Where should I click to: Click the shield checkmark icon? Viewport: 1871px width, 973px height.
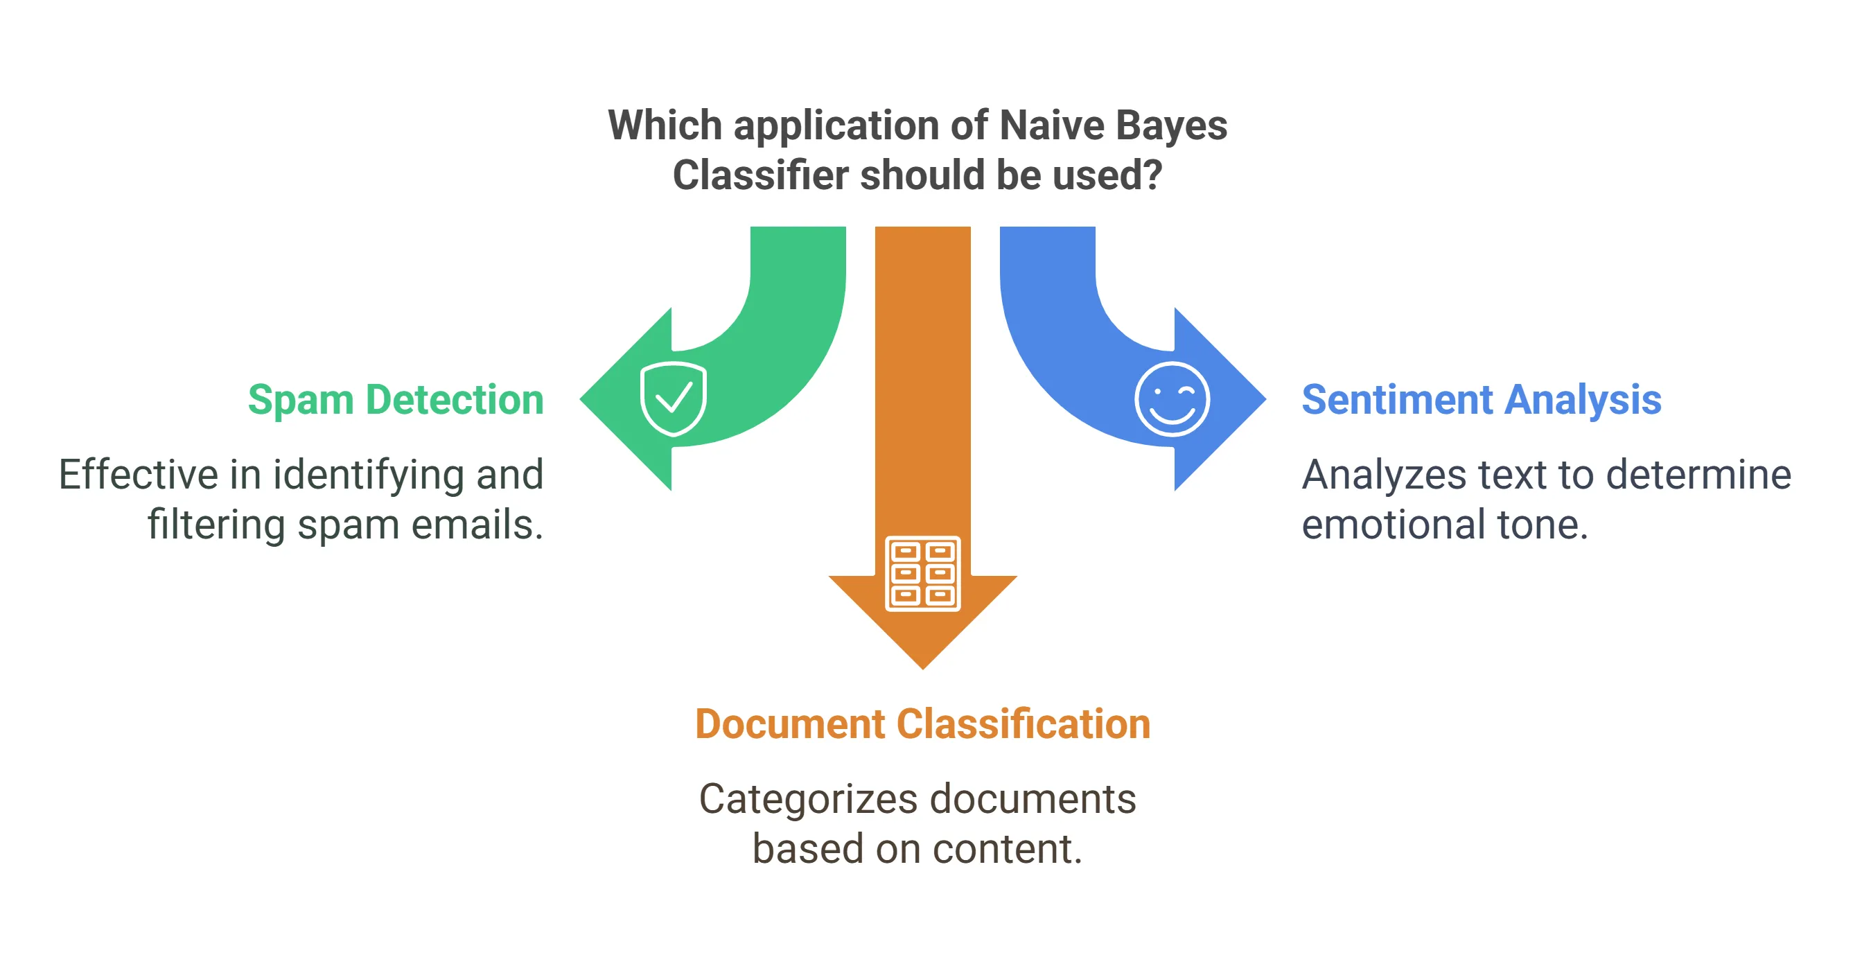tap(673, 398)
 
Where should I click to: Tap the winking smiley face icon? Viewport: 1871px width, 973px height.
tap(1172, 398)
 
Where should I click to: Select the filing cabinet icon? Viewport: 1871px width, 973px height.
tap(922, 573)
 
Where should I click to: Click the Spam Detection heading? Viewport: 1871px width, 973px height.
tap(396, 399)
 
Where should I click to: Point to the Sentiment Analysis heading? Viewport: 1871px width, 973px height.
tap(1481, 399)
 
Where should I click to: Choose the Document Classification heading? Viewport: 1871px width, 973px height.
tap(922, 724)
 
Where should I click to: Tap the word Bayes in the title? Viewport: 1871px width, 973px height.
tap(1171, 125)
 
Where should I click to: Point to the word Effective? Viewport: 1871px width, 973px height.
tap(138, 475)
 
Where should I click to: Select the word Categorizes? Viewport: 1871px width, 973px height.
tap(808, 800)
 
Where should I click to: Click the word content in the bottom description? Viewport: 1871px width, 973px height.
tap(1006, 849)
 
